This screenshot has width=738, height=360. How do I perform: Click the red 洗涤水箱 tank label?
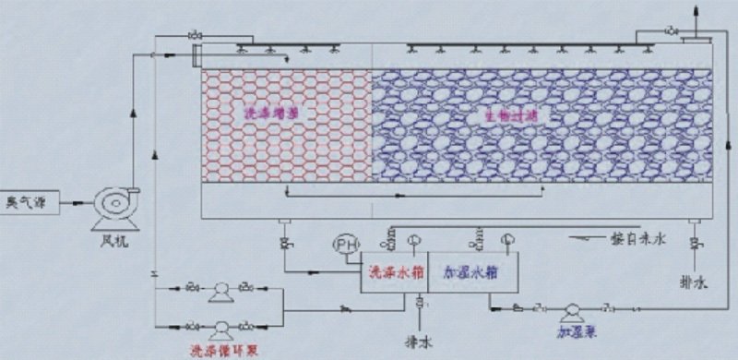pos(388,273)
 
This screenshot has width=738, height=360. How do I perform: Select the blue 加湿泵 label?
pos(570,330)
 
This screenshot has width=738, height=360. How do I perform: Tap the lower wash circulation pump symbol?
pos(220,327)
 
